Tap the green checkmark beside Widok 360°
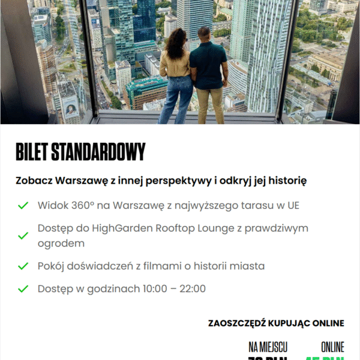pyautogui.click(x=23, y=206)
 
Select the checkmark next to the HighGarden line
pyautogui.click(x=23, y=236)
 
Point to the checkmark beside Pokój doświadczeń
pyautogui.click(x=23, y=266)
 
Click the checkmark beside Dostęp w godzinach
pyautogui.click(x=23, y=289)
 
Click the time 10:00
pyautogui.click(x=155, y=289)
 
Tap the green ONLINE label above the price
pyautogui.click(x=332, y=347)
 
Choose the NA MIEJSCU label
pyautogui.click(x=268, y=347)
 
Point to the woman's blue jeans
pyautogui.click(x=176, y=99)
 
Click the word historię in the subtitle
pyautogui.click(x=286, y=180)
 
